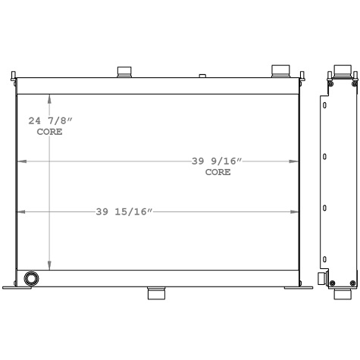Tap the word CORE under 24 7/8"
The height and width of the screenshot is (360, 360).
point(50,132)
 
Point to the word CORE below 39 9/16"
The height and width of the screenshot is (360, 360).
point(218,172)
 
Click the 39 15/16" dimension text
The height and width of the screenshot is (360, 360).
point(125,212)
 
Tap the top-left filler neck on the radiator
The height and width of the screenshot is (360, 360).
point(124,72)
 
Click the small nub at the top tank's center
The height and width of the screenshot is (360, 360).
point(202,75)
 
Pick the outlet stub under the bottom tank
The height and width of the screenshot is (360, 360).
point(158,293)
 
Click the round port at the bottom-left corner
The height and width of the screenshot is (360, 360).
point(31,278)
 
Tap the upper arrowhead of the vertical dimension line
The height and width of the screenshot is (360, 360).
point(50,98)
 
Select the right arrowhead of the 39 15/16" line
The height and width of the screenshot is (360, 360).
point(297,212)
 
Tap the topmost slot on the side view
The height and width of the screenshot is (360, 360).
point(324,105)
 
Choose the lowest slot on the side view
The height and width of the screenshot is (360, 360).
point(324,257)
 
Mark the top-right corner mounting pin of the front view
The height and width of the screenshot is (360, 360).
point(302,74)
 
